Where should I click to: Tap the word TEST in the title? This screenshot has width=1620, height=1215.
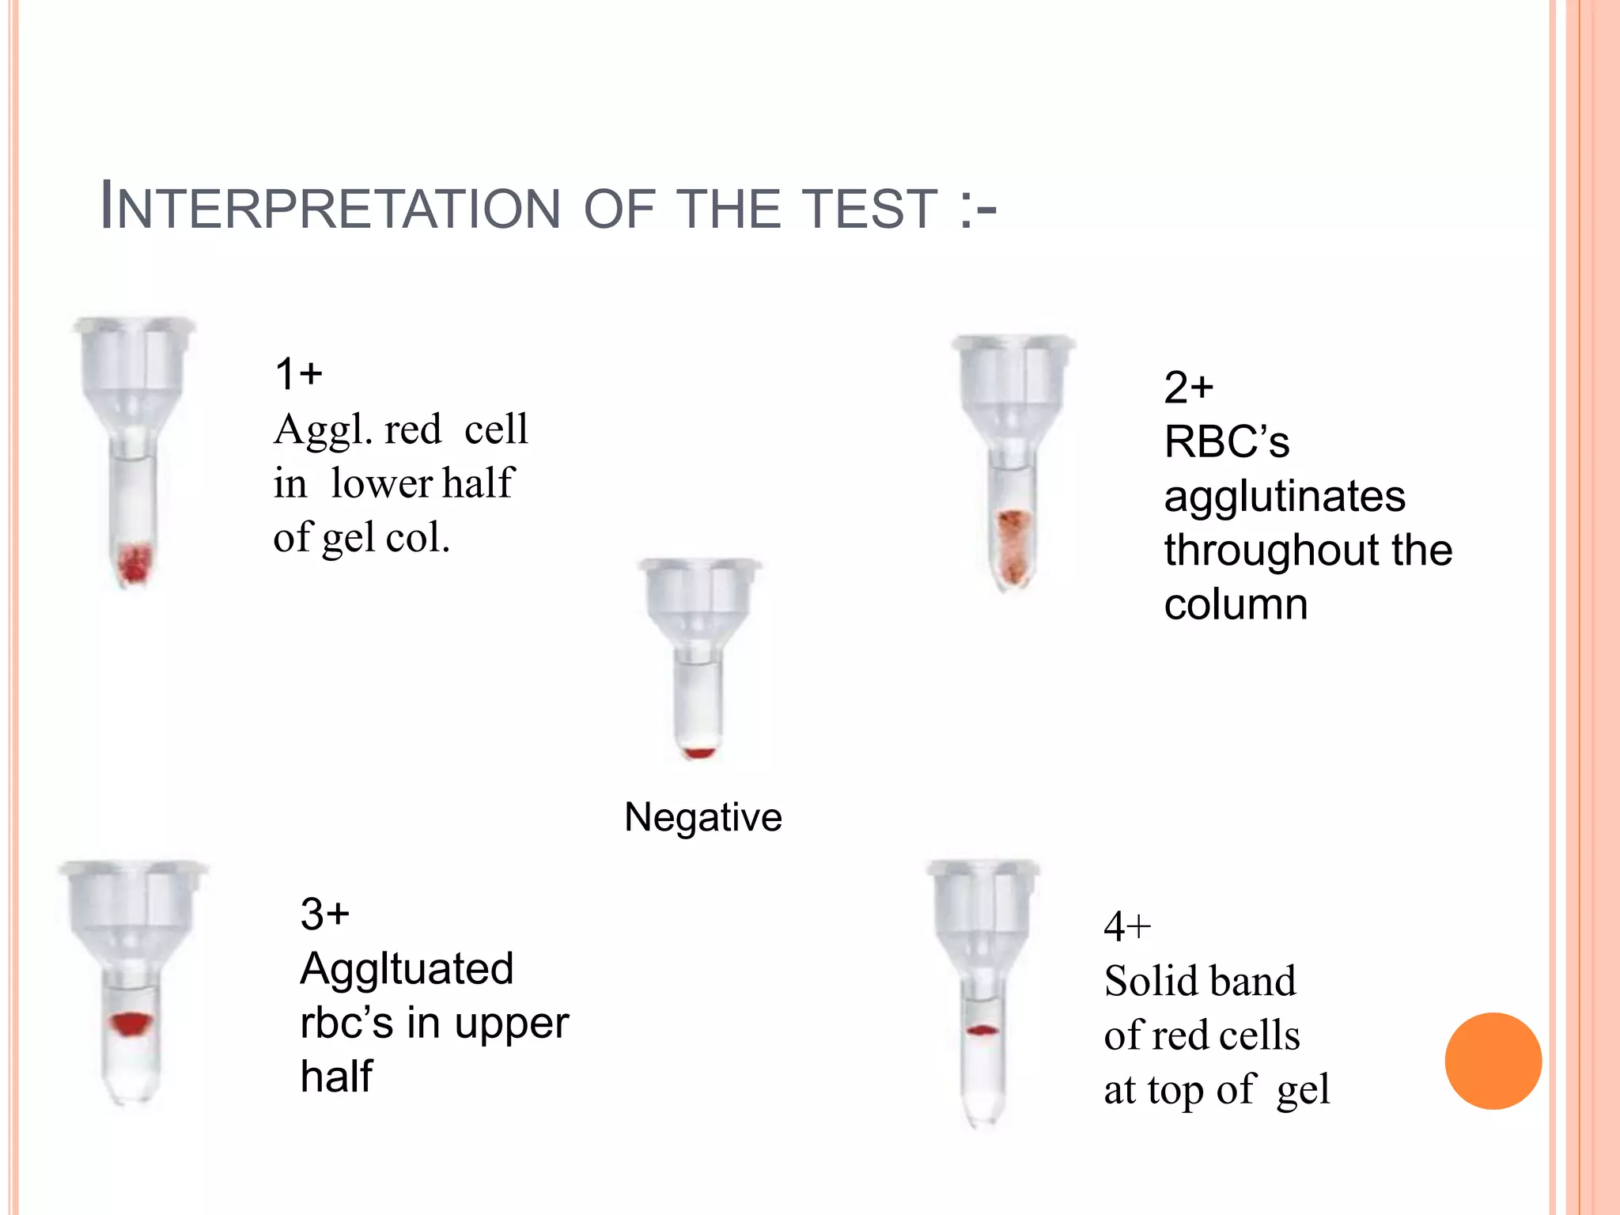[870, 209]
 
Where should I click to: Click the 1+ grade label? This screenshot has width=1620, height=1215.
[298, 373]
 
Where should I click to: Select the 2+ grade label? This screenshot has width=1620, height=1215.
[1188, 388]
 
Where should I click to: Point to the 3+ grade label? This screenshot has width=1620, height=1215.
[324, 914]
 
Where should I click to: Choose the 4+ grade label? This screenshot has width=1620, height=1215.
[1127, 926]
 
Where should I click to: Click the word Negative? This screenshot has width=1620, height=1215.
[703, 816]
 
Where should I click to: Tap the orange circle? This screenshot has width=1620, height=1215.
[1493, 1061]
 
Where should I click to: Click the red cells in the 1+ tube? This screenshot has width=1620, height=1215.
[134, 562]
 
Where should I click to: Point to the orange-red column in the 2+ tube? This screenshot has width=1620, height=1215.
[1013, 546]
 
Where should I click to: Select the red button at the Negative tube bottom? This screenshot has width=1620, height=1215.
[698, 752]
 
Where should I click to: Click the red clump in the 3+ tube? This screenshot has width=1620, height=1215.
[131, 1024]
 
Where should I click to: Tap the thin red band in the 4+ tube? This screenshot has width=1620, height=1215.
[982, 1031]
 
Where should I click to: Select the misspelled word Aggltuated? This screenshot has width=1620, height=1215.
[407, 969]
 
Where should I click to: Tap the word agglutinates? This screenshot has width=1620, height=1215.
[1285, 498]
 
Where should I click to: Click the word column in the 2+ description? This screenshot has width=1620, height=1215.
[1236, 604]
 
